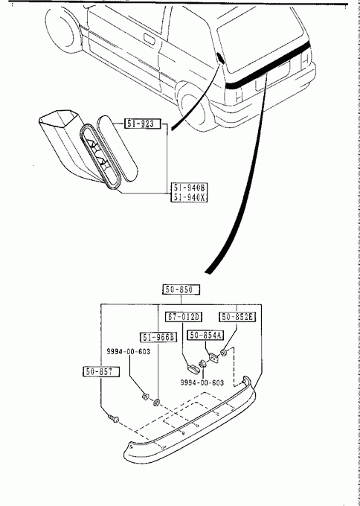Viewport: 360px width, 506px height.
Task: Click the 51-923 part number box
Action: [x=142, y=124]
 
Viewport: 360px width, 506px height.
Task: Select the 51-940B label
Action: [x=189, y=188]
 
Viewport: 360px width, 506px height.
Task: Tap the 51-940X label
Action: [x=189, y=197]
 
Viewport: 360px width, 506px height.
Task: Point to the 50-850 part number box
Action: [x=181, y=289]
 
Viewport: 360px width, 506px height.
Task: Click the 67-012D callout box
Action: [x=184, y=317]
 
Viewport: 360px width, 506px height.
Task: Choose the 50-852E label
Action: [x=237, y=317]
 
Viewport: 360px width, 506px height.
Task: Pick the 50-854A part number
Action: [x=206, y=336]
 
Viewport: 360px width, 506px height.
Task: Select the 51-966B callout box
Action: [x=158, y=338]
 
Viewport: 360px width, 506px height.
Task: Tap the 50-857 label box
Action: [x=100, y=371]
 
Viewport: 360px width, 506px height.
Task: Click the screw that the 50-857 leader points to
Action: [x=114, y=419]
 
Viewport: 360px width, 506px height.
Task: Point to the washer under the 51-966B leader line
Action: [x=157, y=403]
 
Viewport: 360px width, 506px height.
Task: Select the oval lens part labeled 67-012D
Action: [x=193, y=368]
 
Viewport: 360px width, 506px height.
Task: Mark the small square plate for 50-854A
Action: [x=214, y=357]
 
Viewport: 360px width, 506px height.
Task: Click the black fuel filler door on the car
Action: [x=221, y=58]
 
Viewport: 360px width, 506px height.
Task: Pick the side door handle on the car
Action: [x=150, y=38]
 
